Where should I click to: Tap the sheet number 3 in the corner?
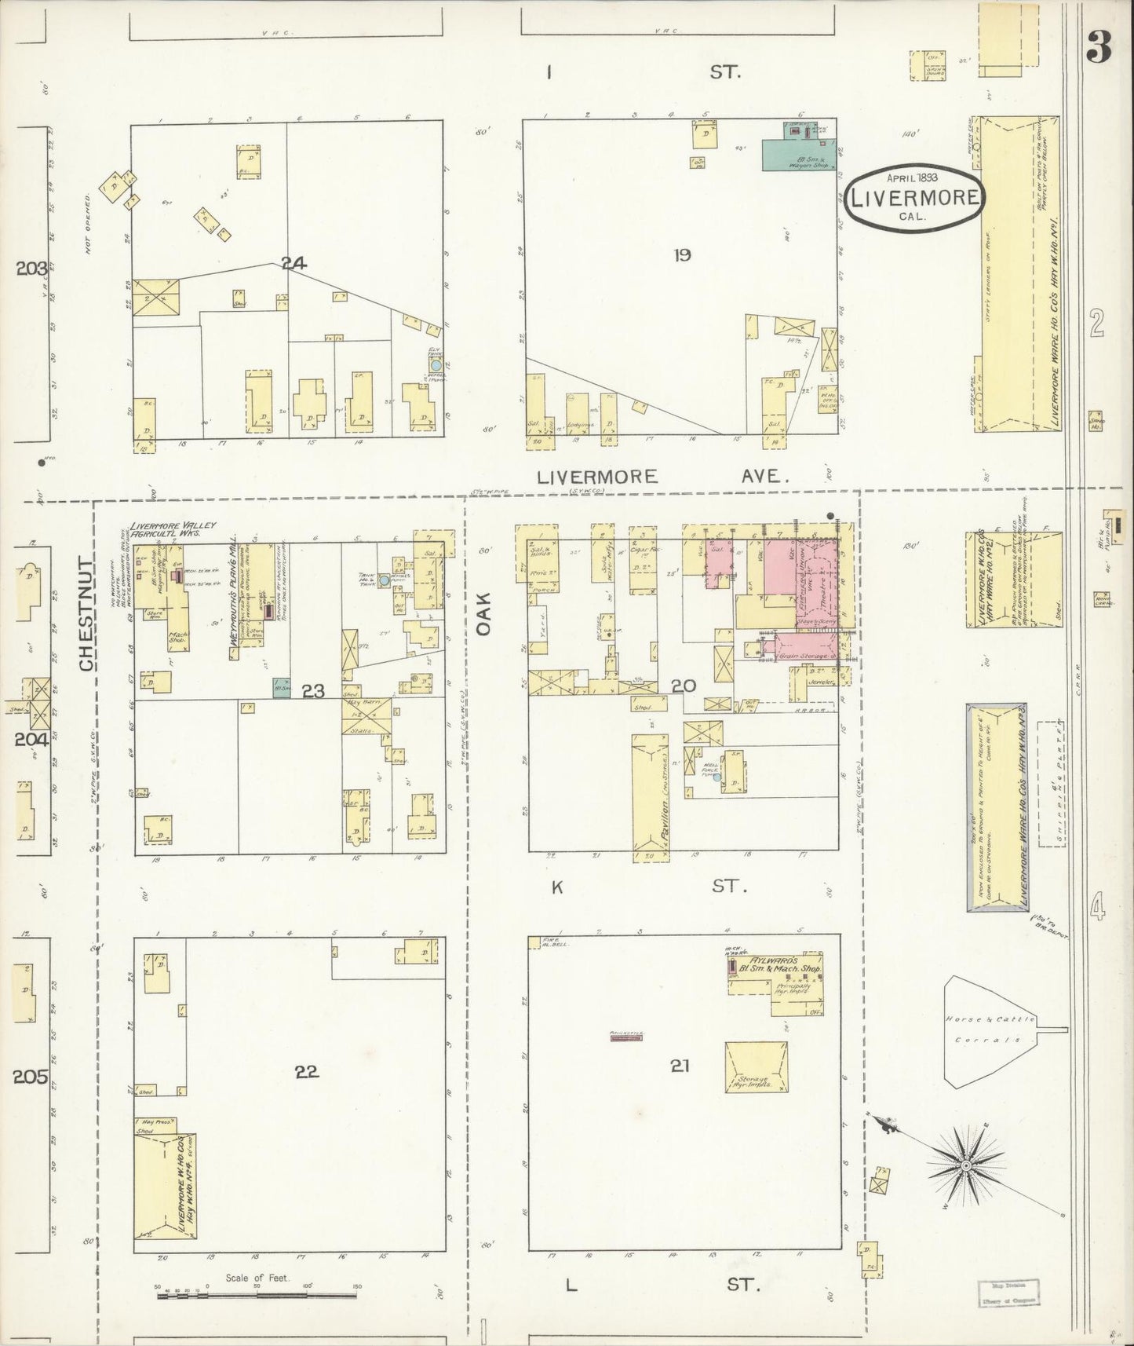[1099, 49]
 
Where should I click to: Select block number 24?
[294, 264]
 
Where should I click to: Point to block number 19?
[682, 254]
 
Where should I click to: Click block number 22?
[307, 1072]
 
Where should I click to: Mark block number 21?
[680, 1066]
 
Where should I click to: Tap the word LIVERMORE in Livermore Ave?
[597, 477]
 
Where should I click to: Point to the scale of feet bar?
[257, 1293]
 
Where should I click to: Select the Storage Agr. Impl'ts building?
[756, 1067]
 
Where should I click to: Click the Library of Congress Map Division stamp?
[1008, 1292]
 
